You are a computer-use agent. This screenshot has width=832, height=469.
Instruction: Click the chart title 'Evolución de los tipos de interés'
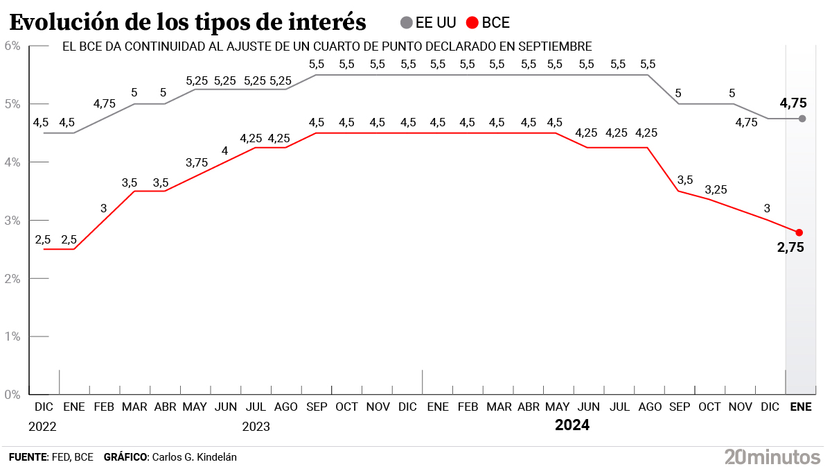(x=188, y=22)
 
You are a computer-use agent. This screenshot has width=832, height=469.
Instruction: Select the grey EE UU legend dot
(x=407, y=23)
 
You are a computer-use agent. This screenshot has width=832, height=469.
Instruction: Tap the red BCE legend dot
(x=473, y=23)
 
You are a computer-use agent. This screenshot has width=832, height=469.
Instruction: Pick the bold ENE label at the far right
(x=802, y=407)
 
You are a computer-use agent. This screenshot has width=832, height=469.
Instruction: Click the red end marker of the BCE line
(x=799, y=232)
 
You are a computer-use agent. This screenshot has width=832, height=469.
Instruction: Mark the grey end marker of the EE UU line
(x=802, y=119)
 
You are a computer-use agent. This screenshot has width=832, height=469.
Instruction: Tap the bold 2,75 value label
(x=790, y=247)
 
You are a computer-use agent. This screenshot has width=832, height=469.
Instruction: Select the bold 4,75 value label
(x=793, y=103)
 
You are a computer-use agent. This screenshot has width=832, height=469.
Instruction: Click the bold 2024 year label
(x=572, y=425)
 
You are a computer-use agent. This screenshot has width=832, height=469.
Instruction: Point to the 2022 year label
(x=42, y=426)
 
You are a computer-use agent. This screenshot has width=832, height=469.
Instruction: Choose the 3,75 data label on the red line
(x=197, y=162)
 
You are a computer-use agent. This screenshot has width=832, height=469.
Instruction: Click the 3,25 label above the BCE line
(x=716, y=189)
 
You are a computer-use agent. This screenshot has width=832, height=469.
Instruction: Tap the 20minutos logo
(x=772, y=457)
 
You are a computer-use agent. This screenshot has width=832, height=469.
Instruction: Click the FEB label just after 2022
(x=104, y=407)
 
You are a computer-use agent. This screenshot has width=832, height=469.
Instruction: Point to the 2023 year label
(x=256, y=426)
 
